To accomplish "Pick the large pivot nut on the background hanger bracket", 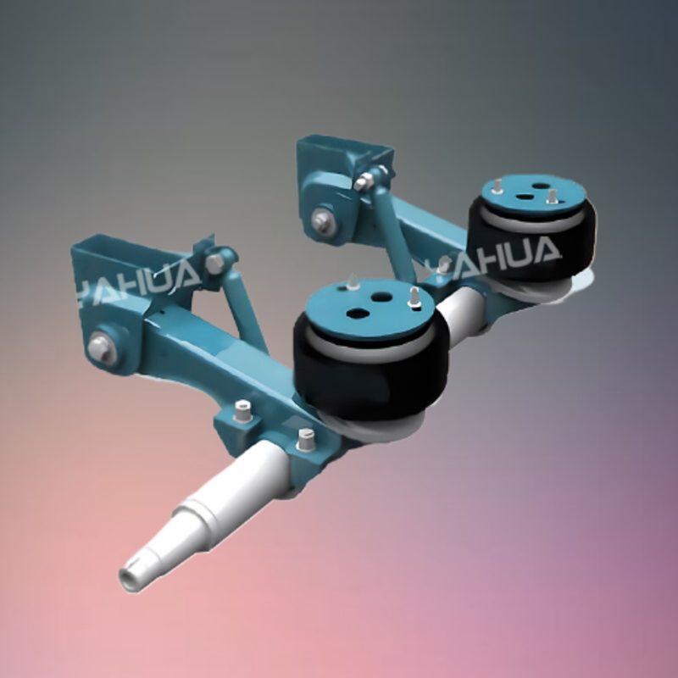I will tap(322, 221).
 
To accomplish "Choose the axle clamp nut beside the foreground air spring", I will tap(306, 439).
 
